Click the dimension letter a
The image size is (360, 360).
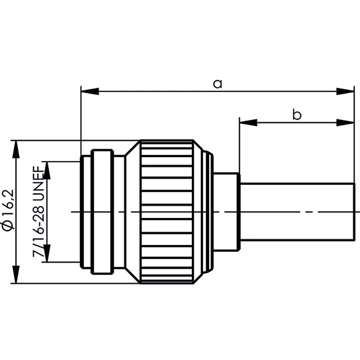point(217,84)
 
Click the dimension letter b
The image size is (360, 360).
point(297,115)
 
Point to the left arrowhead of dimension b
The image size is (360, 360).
point(248,122)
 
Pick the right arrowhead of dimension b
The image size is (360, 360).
point(345,122)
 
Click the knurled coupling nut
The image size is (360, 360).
point(166,211)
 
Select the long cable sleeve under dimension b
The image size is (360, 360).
point(297,211)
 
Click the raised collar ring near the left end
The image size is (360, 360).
point(102,211)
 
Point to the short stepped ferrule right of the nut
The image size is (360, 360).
point(227,211)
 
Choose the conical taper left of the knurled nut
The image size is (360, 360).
point(132,211)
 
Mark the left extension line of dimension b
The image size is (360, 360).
point(239,144)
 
